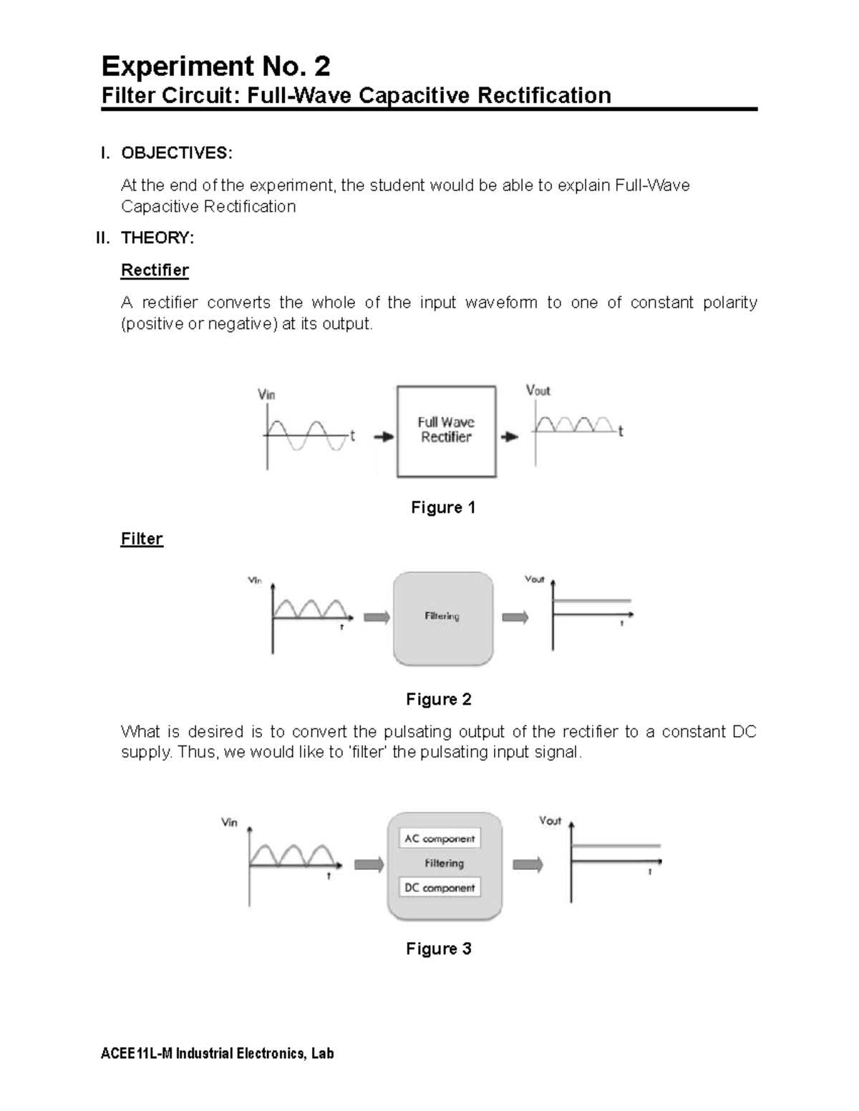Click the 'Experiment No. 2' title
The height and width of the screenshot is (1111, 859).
[215, 67]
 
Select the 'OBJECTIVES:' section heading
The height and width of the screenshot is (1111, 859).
[176, 153]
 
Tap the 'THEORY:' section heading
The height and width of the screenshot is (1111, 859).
[157, 238]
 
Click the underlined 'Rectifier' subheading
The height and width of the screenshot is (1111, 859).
[155, 270]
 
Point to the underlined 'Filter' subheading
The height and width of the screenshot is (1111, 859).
[142, 539]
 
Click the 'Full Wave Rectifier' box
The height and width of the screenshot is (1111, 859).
[446, 431]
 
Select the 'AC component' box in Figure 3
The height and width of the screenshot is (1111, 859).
[439, 838]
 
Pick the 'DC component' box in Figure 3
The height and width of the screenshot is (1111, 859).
[439, 888]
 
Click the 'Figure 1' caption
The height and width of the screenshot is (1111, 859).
[442, 508]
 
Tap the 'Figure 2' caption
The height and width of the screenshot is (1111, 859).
[438, 700]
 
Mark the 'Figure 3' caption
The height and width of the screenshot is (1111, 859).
[438, 949]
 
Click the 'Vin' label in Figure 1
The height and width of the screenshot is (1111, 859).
[266, 395]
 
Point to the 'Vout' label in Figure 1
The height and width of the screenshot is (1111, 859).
[538, 391]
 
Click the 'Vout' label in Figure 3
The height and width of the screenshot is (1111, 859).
[550, 821]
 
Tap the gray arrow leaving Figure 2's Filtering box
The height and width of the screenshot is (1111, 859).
[515, 617]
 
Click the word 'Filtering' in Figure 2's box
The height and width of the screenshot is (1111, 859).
[442, 616]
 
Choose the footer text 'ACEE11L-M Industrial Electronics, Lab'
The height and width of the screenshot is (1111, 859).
[218, 1054]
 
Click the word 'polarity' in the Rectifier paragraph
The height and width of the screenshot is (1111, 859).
[729, 303]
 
